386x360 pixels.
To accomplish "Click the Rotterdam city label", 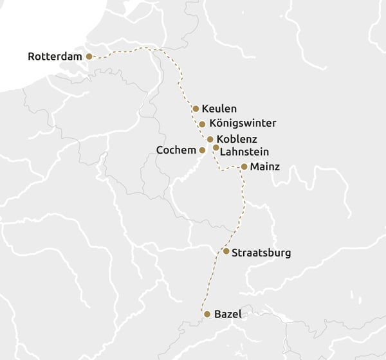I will click(x=55, y=57).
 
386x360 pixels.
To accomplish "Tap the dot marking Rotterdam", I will click(x=89, y=57).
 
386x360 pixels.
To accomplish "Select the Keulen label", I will click(x=219, y=109).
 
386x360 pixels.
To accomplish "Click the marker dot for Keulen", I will click(x=196, y=109).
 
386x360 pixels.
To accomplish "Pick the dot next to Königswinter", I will click(x=202, y=124).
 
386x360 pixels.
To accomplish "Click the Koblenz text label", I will click(x=237, y=139).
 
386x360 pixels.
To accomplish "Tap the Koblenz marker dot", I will click(x=210, y=139).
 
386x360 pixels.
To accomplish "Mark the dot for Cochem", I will click(x=202, y=150).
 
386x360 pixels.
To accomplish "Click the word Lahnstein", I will click(x=244, y=152).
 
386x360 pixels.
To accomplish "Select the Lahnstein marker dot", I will click(x=216, y=147).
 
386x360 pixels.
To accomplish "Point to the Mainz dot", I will click(x=244, y=166).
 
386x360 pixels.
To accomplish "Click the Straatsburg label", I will click(x=261, y=253).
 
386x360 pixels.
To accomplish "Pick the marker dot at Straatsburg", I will click(x=226, y=251).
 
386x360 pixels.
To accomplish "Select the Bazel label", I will click(x=228, y=314).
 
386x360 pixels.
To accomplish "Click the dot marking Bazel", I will click(x=207, y=314).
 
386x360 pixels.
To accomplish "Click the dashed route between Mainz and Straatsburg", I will click(x=244, y=206).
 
